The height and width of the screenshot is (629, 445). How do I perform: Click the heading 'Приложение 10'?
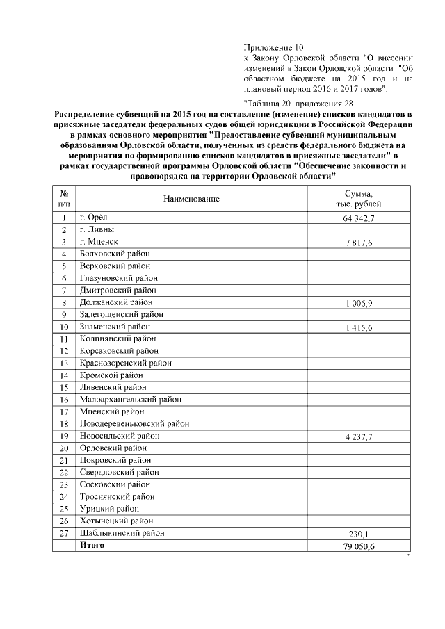[270, 47]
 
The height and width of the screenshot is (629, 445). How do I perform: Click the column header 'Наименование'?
[191, 199]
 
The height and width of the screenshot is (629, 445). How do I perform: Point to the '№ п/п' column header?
[63, 199]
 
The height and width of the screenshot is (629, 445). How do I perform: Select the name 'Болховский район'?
[115, 254]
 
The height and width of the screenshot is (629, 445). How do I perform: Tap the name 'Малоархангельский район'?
[130, 400]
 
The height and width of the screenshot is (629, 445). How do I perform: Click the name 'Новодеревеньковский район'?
[134, 423]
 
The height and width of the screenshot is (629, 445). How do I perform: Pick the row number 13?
[63, 363]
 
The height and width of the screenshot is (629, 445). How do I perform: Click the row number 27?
[63, 533]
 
